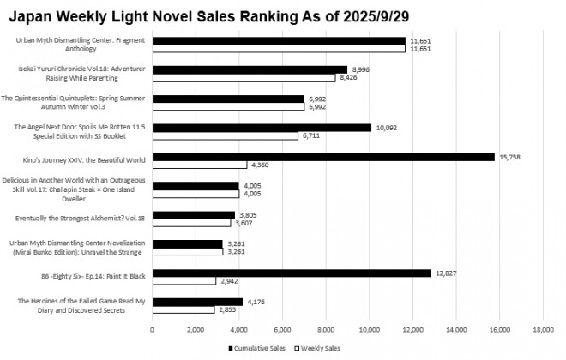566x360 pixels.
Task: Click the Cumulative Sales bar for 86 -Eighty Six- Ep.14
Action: pyautogui.click(x=292, y=273)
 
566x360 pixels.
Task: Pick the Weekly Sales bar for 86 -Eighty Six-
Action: pyautogui.click(x=184, y=280)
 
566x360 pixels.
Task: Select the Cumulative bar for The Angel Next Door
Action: pyautogui.click(x=262, y=128)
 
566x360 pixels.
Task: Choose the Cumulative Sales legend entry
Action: pyautogui.click(x=257, y=349)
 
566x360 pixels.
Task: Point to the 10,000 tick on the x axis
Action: pyautogui.click(x=370, y=330)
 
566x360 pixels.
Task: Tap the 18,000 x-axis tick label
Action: pyautogui.click(x=543, y=330)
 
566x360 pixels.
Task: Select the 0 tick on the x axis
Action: pyautogui.click(x=153, y=330)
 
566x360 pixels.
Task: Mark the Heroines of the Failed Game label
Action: pyautogui.click(x=79, y=306)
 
